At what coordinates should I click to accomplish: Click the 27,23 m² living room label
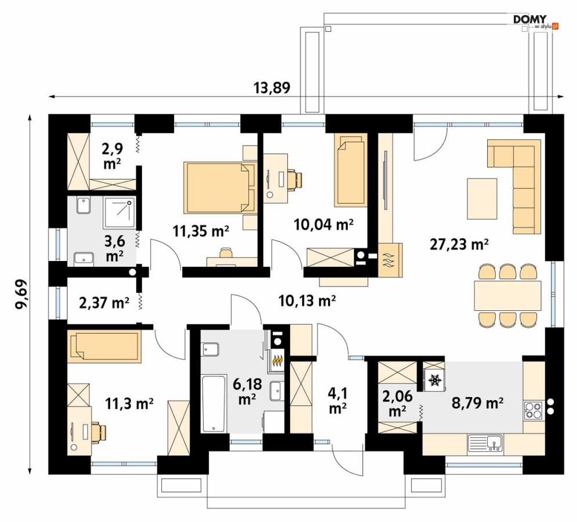click(x=459, y=244)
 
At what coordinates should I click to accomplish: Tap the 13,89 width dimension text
click(x=272, y=88)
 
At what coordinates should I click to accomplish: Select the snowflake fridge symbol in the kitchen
click(x=434, y=380)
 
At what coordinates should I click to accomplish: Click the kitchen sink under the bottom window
click(x=485, y=443)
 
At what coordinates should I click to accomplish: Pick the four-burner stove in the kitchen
click(x=533, y=410)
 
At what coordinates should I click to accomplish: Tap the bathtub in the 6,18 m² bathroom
click(x=214, y=404)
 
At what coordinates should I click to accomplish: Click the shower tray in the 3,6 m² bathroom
click(x=119, y=213)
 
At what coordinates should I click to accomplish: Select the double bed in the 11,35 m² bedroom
click(x=220, y=187)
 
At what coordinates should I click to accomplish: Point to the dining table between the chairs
click(x=507, y=296)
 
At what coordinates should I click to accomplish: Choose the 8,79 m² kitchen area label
click(x=478, y=403)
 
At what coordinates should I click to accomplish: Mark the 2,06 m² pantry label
click(x=397, y=404)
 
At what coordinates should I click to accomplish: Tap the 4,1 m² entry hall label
click(x=338, y=401)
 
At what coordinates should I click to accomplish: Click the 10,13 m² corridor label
click(x=307, y=301)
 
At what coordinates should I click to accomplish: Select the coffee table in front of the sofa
click(x=482, y=198)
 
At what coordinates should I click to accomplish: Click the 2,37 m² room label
click(x=104, y=303)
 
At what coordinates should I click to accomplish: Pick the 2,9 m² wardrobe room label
click(x=113, y=156)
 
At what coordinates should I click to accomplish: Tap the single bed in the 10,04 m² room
click(x=351, y=170)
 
